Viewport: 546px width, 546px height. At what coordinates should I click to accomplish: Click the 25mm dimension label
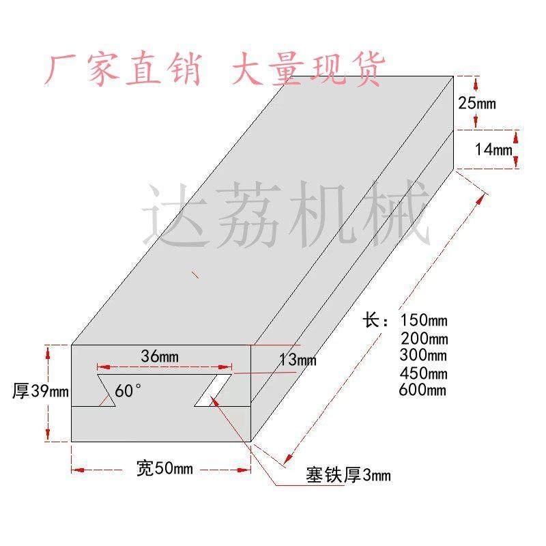click(477, 104)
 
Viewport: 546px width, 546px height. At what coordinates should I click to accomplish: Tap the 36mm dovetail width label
click(160, 356)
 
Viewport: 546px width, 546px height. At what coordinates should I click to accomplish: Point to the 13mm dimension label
click(298, 360)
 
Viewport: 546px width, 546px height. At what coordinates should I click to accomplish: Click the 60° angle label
click(128, 391)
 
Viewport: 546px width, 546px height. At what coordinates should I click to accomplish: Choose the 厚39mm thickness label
click(41, 392)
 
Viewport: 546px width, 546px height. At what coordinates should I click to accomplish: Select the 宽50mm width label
click(164, 469)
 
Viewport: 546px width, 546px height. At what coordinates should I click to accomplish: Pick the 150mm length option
click(424, 319)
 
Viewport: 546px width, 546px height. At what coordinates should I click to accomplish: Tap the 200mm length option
click(424, 338)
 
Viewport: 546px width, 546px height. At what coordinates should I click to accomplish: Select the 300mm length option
click(424, 355)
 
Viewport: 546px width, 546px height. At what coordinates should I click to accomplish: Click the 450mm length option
click(424, 373)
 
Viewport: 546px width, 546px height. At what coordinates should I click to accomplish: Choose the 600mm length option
click(424, 390)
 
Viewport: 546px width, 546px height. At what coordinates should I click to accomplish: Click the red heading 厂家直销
click(124, 70)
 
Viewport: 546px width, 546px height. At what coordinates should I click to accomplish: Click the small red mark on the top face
click(196, 275)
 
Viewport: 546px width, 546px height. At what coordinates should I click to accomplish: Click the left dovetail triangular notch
click(108, 391)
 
